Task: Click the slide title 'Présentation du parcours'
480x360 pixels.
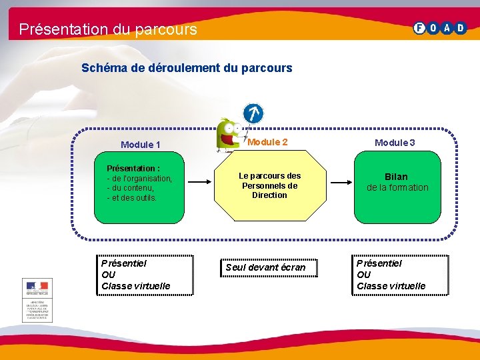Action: click(108, 29)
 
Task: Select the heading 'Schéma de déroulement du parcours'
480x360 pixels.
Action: click(187, 68)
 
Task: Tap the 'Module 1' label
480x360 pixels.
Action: click(140, 145)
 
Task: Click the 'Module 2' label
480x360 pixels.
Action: click(267, 142)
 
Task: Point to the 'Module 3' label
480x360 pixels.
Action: click(395, 143)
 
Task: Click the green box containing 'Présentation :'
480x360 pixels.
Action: click(139, 187)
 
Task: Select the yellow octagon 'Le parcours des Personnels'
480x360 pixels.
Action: click(270, 187)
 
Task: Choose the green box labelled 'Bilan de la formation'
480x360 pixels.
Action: click(397, 187)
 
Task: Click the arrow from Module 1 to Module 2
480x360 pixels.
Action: click(199, 182)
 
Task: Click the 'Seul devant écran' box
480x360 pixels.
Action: click(265, 267)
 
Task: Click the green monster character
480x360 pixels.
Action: click(229, 132)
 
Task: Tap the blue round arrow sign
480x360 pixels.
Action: click(253, 113)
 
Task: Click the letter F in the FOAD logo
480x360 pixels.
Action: click(419, 28)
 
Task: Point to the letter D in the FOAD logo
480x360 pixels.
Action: click(461, 28)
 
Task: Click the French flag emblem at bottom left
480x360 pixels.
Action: click(37, 287)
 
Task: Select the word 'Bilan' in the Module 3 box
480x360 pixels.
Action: click(396, 177)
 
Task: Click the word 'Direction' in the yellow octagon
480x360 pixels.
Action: click(269, 195)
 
